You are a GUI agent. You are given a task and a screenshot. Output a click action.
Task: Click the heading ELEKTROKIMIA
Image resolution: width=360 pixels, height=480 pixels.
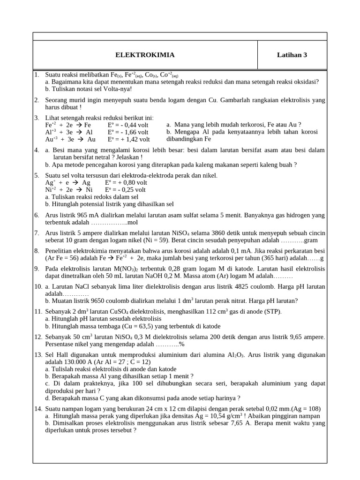coord(145,55)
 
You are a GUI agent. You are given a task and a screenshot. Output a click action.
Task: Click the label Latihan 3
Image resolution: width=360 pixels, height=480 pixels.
coord(292,55)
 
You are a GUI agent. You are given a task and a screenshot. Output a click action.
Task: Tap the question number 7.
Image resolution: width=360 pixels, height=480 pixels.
coord(36,232)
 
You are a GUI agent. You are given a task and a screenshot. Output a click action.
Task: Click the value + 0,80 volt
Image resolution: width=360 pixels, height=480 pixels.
coord(130,182)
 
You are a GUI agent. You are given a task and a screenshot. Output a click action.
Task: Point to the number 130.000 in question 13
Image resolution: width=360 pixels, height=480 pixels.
coord(76,362)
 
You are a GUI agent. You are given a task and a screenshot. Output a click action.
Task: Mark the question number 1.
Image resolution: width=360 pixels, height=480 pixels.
coord(36,75)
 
